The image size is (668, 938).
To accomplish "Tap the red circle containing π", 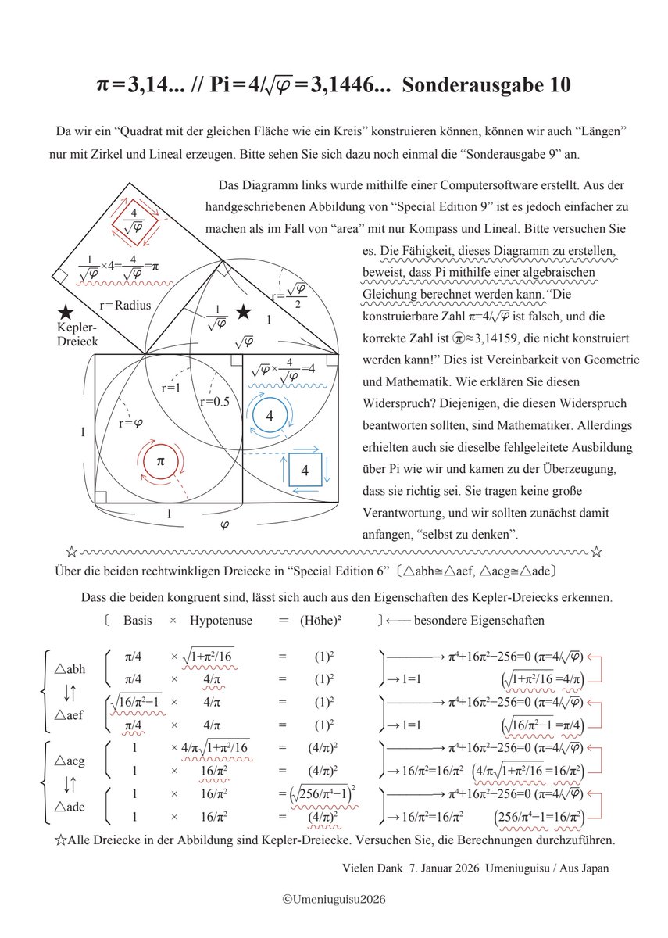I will pos(160,461).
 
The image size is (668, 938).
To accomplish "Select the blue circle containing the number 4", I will pos(270,417).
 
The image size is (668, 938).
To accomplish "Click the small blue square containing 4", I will pos(304,471).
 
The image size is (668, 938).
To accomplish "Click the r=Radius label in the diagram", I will pos(125,305).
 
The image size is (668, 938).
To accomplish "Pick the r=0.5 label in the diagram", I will pos(214,402).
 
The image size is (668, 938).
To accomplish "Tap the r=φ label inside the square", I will pos(131,424).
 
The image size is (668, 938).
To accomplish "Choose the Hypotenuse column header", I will pos(220,621).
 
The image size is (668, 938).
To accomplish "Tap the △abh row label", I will pos(70,669).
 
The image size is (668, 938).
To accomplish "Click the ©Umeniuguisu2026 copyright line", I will pos(334,900).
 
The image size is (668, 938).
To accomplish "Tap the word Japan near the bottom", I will pos(590,868).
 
